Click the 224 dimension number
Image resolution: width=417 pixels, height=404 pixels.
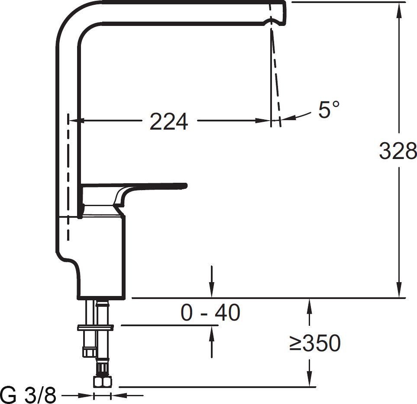[x=169, y=121]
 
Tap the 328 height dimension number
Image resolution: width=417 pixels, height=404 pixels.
[x=398, y=150]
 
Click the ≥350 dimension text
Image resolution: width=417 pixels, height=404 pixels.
[x=315, y=343]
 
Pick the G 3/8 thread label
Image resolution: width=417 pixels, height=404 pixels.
[x=29, y=395]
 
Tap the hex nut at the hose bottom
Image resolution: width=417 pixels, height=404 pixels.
[x=103, y=382]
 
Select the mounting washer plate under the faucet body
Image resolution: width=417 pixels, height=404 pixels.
[x=95, y=328]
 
